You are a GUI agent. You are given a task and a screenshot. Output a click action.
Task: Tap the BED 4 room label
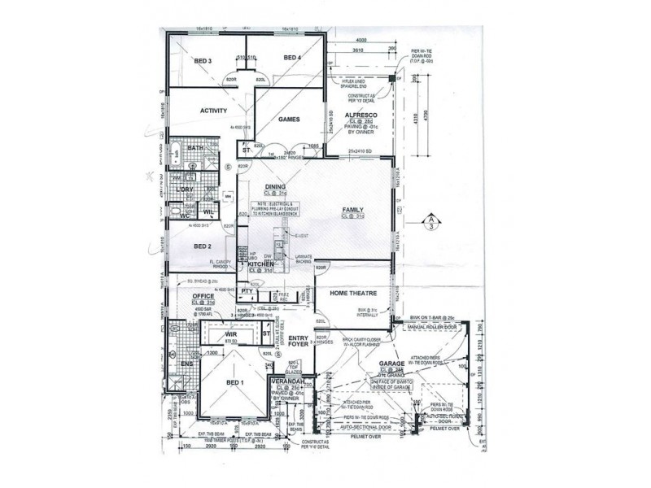292,58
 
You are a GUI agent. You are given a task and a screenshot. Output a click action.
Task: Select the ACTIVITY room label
212,111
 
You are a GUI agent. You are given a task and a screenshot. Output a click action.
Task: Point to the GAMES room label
290,120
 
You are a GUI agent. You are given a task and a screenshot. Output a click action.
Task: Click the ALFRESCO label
358,116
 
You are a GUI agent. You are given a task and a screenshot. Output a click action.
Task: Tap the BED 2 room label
203,245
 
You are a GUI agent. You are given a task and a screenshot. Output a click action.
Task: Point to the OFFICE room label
202,296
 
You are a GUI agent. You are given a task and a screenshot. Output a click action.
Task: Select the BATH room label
195,148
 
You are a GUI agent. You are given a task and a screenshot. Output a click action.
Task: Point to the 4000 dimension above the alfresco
362,40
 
